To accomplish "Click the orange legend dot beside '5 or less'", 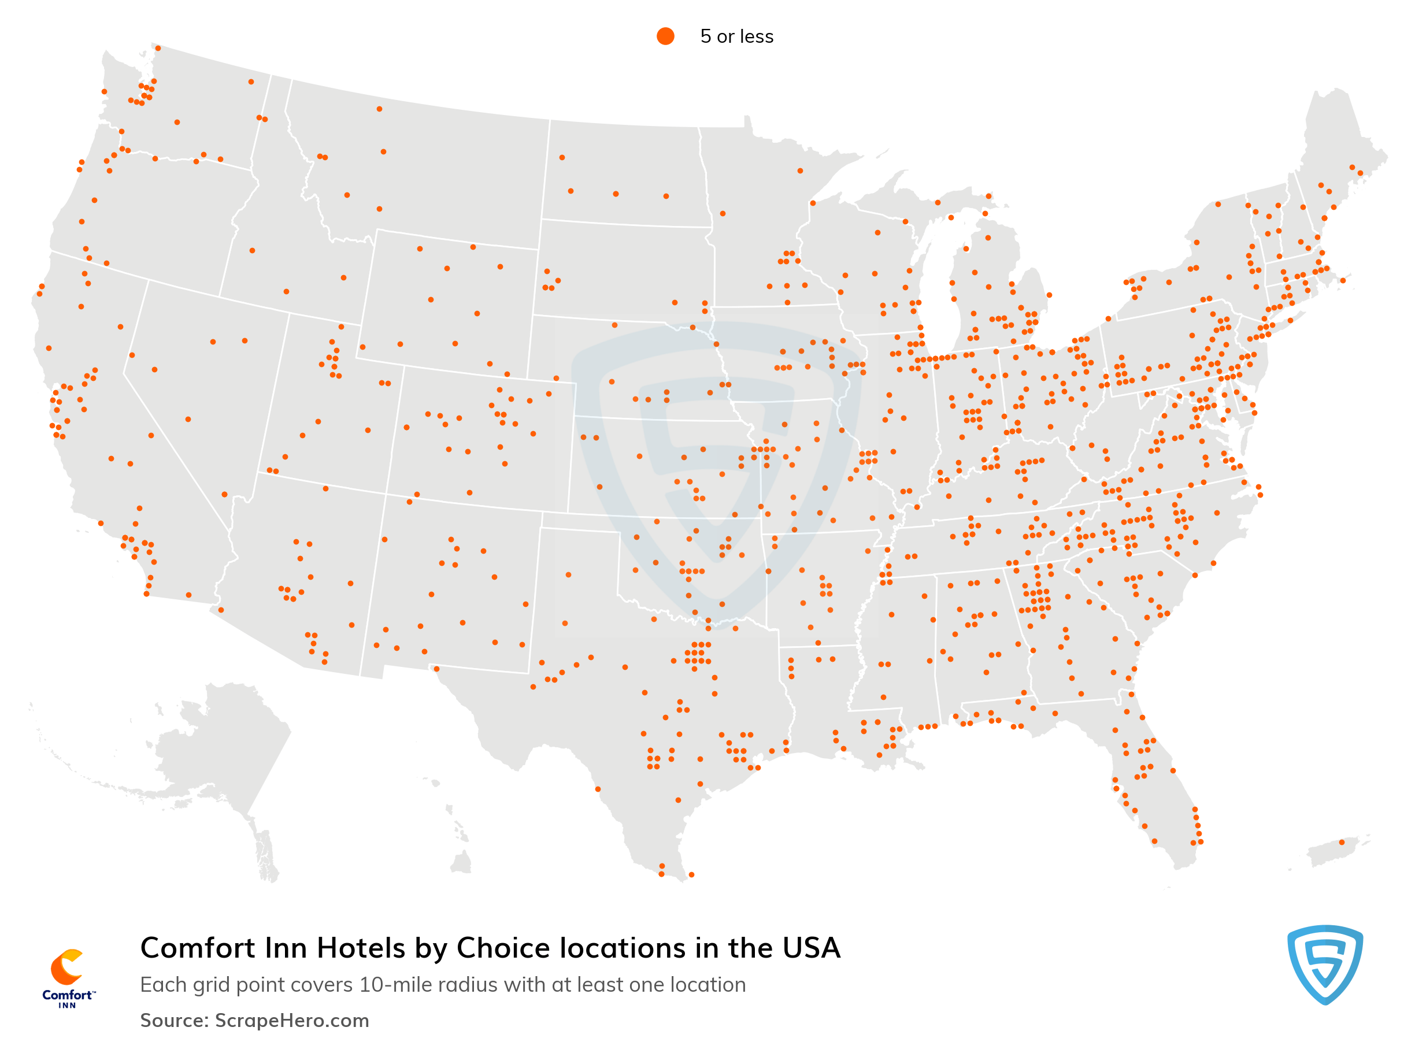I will coord(665,36).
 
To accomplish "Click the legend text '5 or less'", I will coord(736,36).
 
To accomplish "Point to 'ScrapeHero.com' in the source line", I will coord(292,1021).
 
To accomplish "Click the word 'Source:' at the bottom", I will coord(174,1021).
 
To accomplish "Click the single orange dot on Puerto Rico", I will coord(1341,843).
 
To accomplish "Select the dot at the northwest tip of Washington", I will coord(104,92).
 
